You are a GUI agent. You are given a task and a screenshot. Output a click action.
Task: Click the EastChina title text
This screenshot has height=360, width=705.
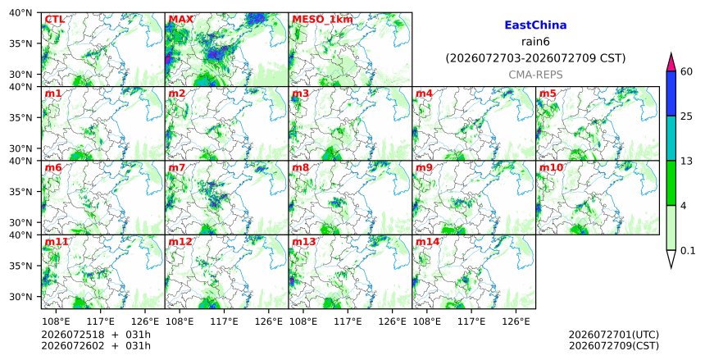(535, 25)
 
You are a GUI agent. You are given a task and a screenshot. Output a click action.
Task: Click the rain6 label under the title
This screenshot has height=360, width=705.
(535, 42)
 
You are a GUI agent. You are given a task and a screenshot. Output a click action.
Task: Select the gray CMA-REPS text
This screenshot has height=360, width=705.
(535, 75)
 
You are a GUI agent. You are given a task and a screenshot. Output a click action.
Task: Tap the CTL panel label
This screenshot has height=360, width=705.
(54, 20)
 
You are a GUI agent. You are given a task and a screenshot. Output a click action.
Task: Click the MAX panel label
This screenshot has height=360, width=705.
(180, 20)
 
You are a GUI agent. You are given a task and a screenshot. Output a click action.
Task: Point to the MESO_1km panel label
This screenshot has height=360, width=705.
(322, 20)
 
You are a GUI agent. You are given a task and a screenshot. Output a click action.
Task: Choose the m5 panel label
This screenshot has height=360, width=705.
(548, 93)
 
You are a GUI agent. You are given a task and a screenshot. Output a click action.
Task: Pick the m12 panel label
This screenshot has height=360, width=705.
(180, 242)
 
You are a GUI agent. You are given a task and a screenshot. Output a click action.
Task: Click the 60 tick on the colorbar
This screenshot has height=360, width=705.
(687, 71)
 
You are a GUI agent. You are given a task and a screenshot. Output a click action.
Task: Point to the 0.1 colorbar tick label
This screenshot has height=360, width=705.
(688, 251)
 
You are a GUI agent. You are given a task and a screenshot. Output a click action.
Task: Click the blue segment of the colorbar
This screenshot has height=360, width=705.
(671, 93)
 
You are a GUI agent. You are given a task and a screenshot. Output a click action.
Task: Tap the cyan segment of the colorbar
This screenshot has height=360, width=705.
(671, 138)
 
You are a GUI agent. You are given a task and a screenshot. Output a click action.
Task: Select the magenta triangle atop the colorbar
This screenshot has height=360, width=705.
(671, 63)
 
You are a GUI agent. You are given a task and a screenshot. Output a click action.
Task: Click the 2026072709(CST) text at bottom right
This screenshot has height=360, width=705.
(614, 346)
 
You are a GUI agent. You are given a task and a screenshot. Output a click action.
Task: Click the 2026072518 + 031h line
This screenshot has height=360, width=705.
(96, 335)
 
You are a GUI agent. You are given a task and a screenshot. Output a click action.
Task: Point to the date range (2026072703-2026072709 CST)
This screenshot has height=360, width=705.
(535, 58)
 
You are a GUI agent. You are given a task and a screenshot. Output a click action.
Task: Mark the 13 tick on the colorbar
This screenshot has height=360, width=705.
(687, 161)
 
